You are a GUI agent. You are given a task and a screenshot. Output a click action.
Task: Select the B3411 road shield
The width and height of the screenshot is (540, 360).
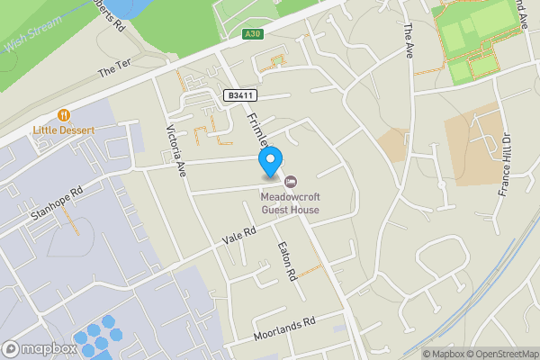(x=241, y=94)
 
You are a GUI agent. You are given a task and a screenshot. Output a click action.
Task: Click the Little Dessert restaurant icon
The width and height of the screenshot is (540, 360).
(x=64, y=115)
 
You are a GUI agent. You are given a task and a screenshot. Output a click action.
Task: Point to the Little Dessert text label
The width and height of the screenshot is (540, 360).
(x=64, y=130)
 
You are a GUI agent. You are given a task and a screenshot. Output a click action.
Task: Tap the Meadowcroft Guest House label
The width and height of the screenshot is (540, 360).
(x=291, y=202)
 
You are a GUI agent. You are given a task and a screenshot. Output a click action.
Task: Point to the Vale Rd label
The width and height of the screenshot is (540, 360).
(x=239, y=236)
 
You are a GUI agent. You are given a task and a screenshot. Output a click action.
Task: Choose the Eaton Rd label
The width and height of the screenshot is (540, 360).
(x=287, y=261)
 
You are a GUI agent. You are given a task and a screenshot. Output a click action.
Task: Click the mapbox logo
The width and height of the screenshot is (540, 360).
(x=40, y=349)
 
